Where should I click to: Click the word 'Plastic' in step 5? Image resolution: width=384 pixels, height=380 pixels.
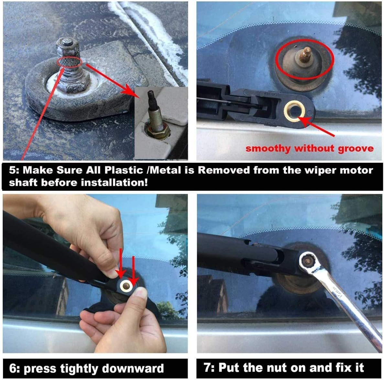click(x=123, y=170)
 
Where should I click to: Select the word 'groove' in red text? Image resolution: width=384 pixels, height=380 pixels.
click(x=356, y=149)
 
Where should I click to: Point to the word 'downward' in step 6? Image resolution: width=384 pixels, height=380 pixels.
click(x=133, y=368)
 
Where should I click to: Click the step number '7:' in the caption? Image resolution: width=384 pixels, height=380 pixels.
click(x=209, y=367)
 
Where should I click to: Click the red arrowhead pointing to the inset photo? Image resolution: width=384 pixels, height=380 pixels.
click(x=130, y=91)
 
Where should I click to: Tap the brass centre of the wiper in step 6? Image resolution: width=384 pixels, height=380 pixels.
click(x=126, y=285)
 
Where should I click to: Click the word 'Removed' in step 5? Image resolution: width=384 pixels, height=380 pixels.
click(x=224, y=170)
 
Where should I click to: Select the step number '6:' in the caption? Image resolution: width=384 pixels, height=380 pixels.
click(x=14, y=368)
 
